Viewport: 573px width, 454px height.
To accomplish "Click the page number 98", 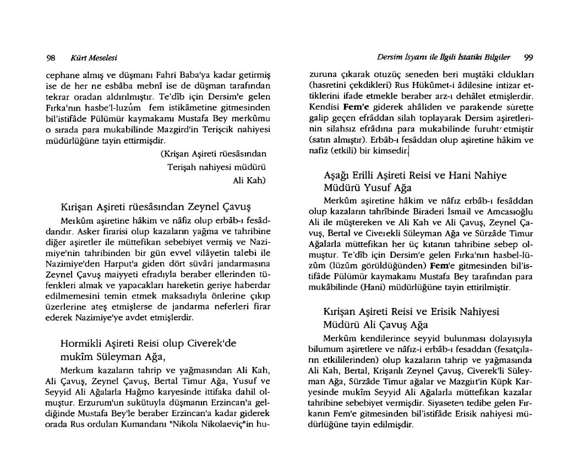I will (51, 57).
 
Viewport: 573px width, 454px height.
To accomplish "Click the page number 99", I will (528, 57).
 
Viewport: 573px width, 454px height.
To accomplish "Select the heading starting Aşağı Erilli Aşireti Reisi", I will (415, 176).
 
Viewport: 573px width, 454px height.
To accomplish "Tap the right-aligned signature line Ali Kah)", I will (250, 180).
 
